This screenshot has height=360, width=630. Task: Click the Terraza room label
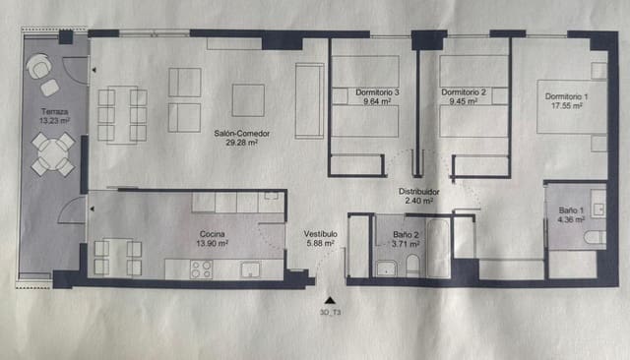coord(54,111)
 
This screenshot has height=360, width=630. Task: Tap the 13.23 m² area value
coord(54,121)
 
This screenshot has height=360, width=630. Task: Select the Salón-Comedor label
coord(242,134)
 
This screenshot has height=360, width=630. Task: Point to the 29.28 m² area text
coord(242,144)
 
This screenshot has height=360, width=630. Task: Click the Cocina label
coord(214,233)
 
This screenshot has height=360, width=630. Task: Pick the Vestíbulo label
coord(321,233)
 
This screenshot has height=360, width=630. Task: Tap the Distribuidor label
coord(417,191)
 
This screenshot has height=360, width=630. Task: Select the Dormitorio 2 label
coord(462,92)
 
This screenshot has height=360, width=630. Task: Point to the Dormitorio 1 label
coord(567,95)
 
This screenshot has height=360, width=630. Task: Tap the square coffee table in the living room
coord(248,99)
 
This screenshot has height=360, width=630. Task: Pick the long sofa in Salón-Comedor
coord(309,99)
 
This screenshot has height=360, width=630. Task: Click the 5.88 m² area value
coord(322,243)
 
